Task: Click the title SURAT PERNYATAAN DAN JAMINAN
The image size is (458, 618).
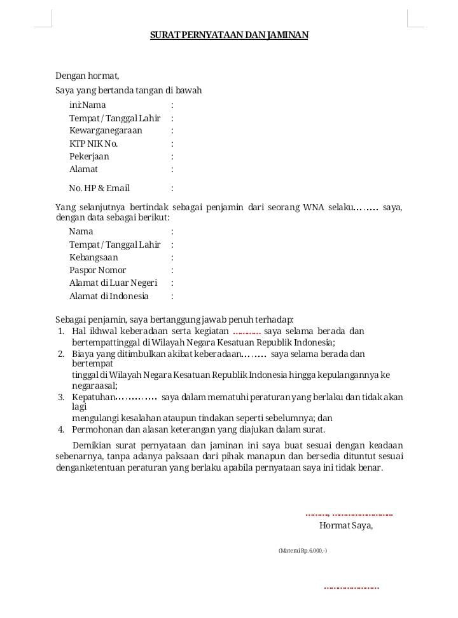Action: coord(229,36)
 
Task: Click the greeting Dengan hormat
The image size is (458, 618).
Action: coord(87,76)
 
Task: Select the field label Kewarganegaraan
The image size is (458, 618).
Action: coord(106,130)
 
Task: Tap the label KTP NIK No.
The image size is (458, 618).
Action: coord(94,144)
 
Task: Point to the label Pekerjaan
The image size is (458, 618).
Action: coord(89,156)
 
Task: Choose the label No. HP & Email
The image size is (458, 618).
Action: coord(99,188)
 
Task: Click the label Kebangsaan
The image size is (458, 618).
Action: coord(94,257)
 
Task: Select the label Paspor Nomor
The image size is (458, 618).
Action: coord(97,270)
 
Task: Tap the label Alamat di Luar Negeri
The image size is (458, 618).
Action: coord(113,283)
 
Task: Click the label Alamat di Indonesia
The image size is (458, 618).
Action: coord(109,296)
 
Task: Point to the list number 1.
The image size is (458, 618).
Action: coord(60,331)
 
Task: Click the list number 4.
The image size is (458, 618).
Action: coord(60,429)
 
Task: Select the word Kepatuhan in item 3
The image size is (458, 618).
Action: coord(93,397)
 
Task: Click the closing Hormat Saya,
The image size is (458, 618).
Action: coord(346,525)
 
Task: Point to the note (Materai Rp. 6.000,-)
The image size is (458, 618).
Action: coord(303,550)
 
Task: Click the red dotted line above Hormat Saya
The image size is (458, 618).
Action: coord(349,514)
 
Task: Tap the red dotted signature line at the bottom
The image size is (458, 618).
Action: coord(351,588)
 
